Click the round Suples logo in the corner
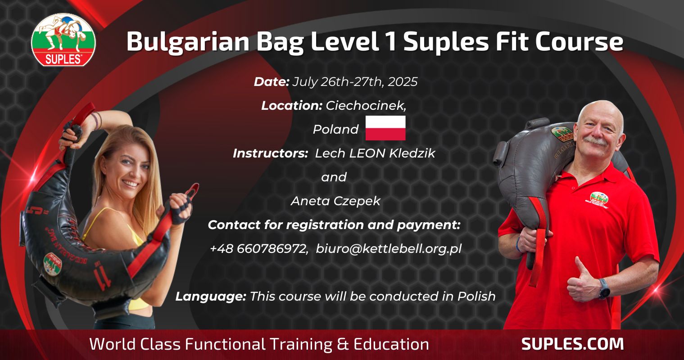click(x=63, y=40)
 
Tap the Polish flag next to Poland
click(x=385, y=128)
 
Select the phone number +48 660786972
click(x=258, y=249)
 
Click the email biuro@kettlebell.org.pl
click(x=389, y=249)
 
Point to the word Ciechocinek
click(x=366, y=106)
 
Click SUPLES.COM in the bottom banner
click(x=572, y=344)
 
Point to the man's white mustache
click(x=595, y=141)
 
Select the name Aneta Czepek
click(x=335, y=201)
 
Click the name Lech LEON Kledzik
click(x=375, y=153)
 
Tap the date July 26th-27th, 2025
click(x=355, y=82)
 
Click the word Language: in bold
click(x=211, y=296)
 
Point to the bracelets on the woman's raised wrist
click(x=97, y=120)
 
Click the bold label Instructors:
click(x=270, y=153)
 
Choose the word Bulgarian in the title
click(x=188, y=43)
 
